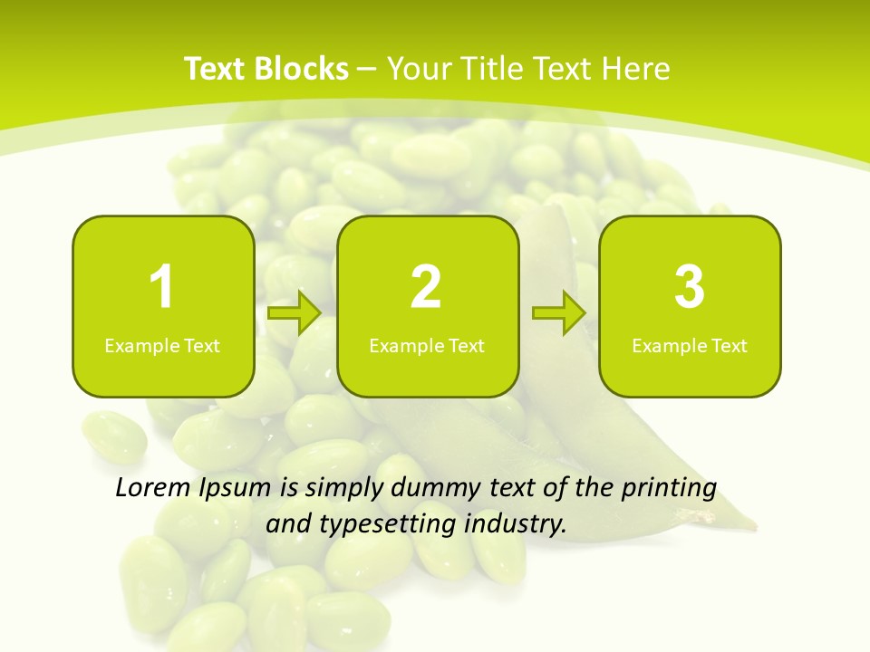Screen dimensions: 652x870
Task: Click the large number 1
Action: [161, 287]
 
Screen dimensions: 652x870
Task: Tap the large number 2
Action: [426, 287]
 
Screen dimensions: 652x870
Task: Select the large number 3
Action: [690, 287]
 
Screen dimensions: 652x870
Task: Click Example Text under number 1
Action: [162, 346]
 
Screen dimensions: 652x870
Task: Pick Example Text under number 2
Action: [427, 346]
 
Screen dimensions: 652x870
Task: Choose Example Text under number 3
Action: [690, 346]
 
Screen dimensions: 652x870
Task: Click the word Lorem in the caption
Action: [152, 488]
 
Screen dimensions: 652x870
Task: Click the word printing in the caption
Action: [669, 489]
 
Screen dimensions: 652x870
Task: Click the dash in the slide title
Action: [368, 69]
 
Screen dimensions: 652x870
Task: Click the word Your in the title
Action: [420, 69]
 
